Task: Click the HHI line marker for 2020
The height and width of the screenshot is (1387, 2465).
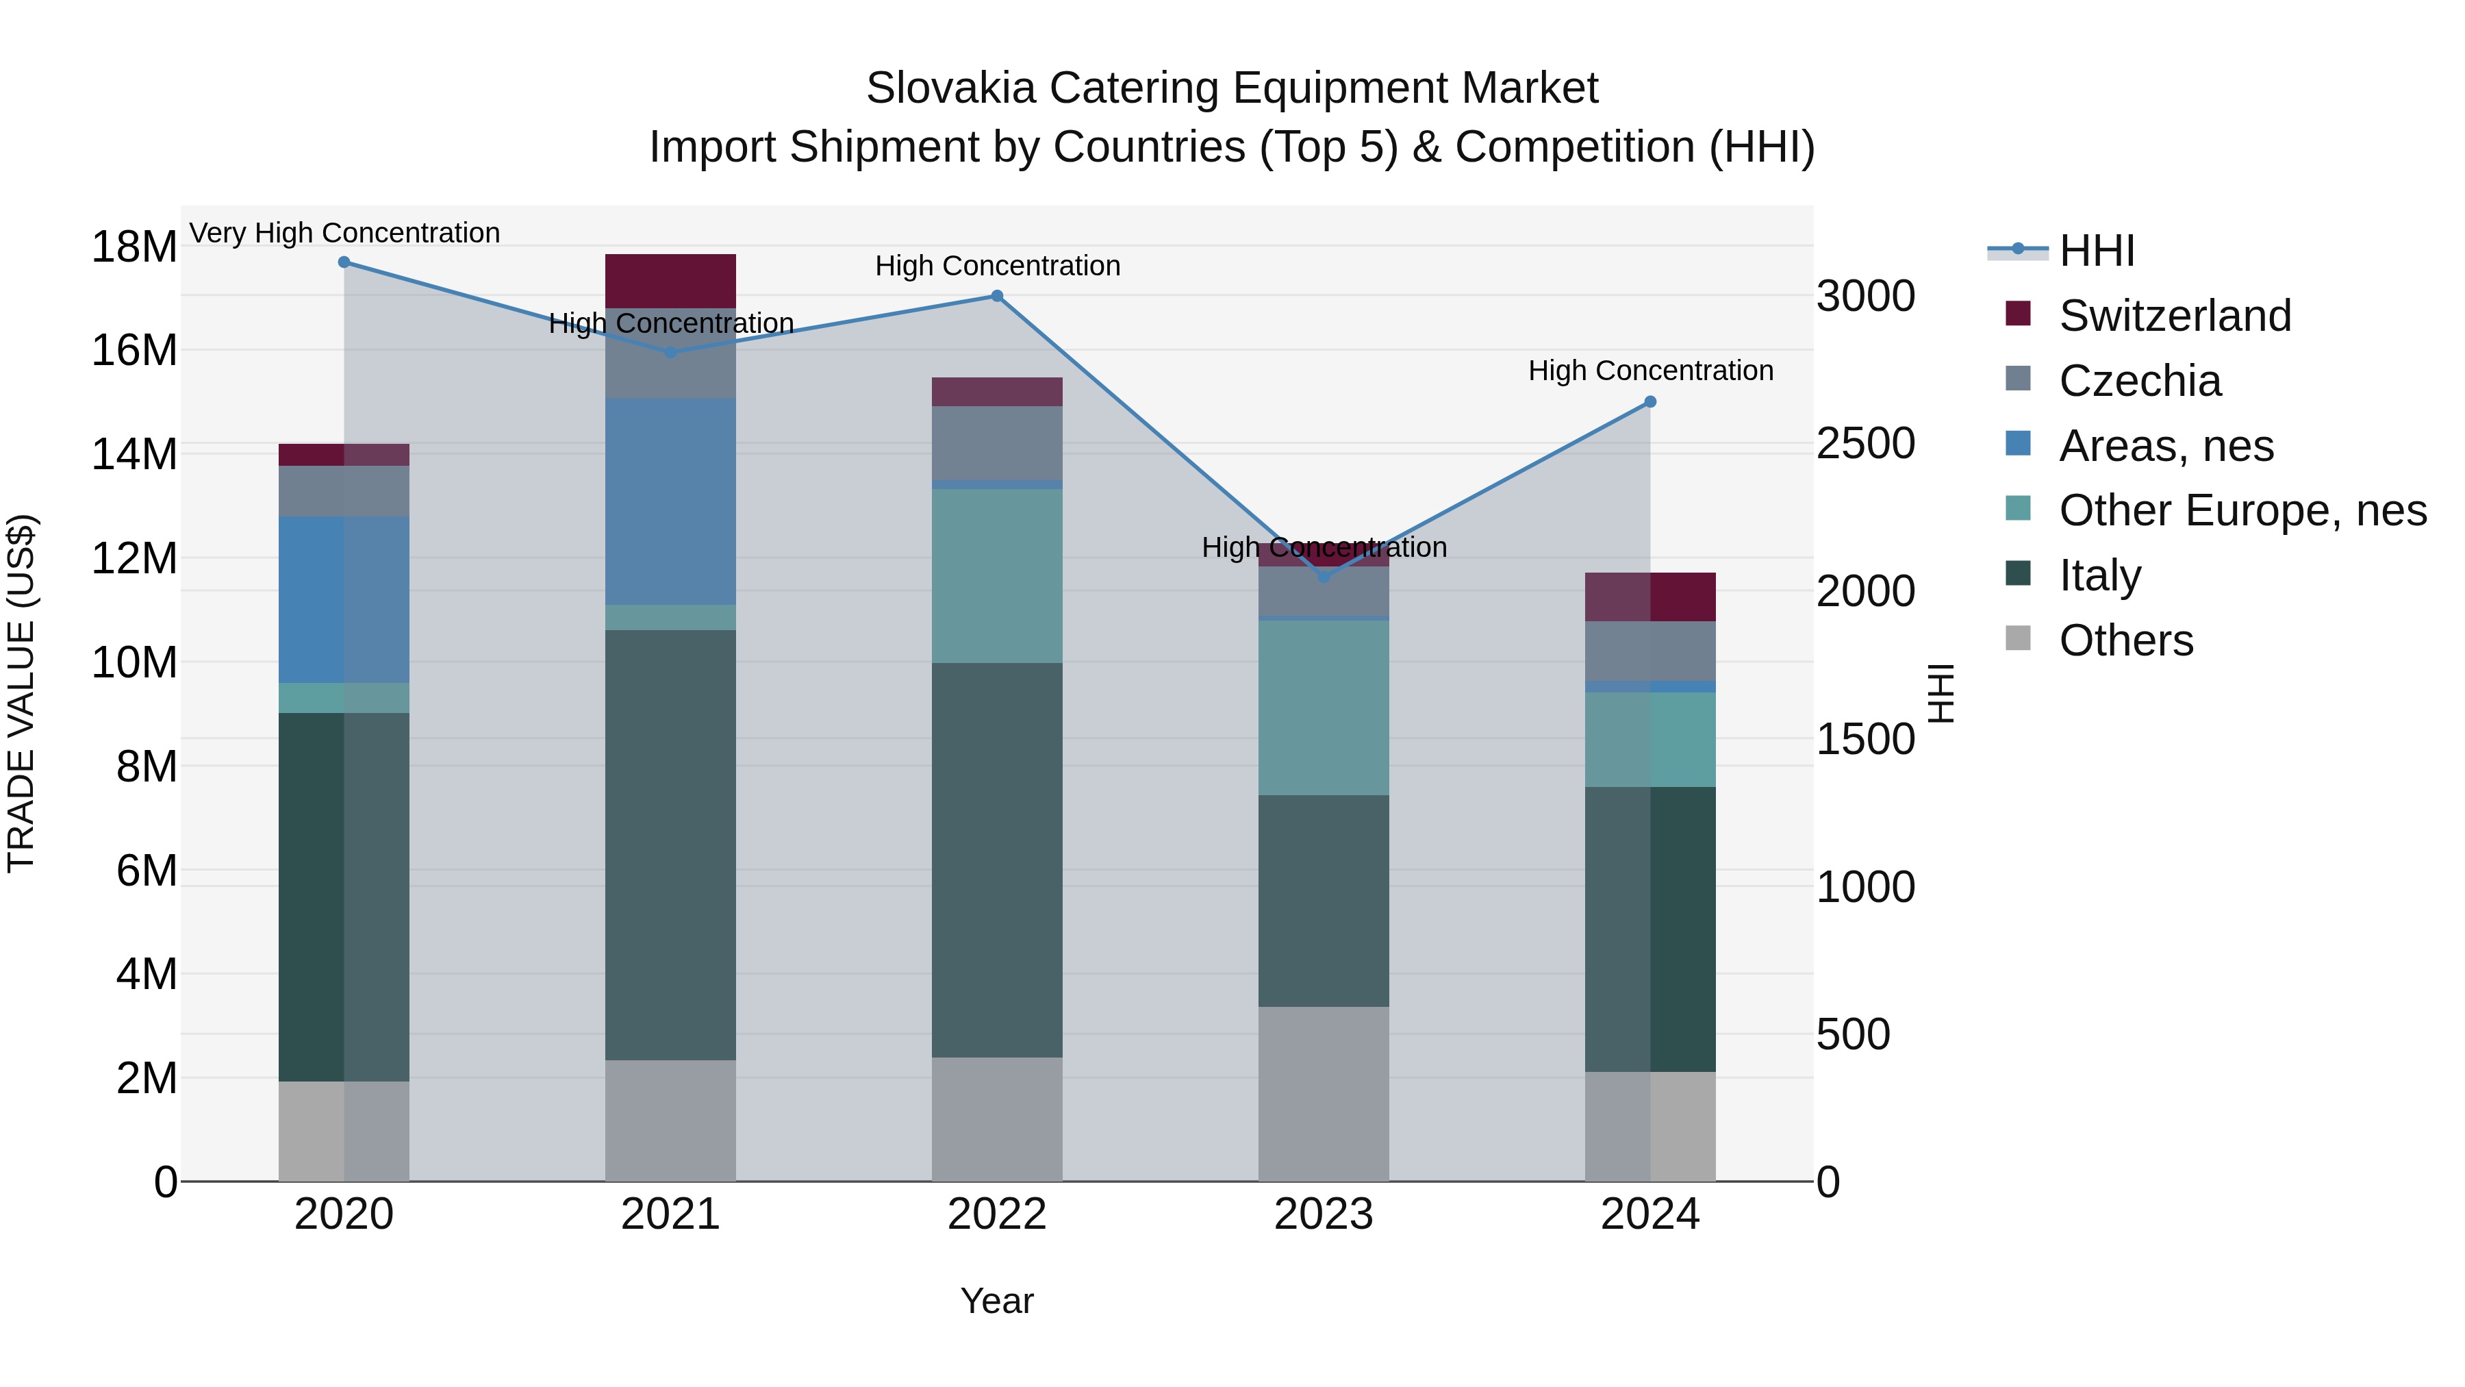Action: [x=344, y=262]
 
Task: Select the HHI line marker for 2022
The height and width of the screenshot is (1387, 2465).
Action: [x=997, y=296]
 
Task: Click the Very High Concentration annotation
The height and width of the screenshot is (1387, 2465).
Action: [x=344, y=234]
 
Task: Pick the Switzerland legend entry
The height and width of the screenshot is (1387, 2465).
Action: [x=2174, y=316]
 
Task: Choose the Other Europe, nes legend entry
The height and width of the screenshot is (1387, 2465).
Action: [x=2242, y=510]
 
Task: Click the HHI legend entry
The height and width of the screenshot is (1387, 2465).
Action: [x=2096, y=251]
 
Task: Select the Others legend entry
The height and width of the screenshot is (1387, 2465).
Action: [x=2125, y=640]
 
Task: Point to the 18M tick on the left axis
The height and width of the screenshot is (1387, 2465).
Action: [x=134, y=247]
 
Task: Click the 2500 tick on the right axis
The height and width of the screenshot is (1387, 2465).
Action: [x=1866, y=444]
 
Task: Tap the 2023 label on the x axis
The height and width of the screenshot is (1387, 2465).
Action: [x=1324, y=1214]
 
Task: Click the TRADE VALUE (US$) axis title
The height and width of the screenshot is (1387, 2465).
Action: [x=22, y=693]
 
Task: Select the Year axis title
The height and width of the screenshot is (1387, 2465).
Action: [x=997, y=1301]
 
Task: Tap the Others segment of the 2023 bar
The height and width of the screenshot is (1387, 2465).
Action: [x=1324, y=1093]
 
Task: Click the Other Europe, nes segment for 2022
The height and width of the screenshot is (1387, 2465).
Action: [x=997, y=575]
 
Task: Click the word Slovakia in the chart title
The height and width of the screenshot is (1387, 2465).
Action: [x=950, y=88]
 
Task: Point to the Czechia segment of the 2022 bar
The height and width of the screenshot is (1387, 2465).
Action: [x=997, y=442]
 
